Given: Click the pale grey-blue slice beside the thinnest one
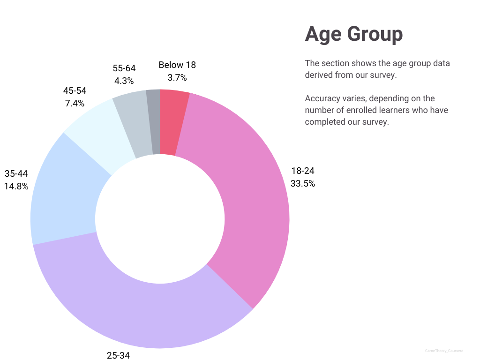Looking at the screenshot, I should [x=134, y=124].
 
